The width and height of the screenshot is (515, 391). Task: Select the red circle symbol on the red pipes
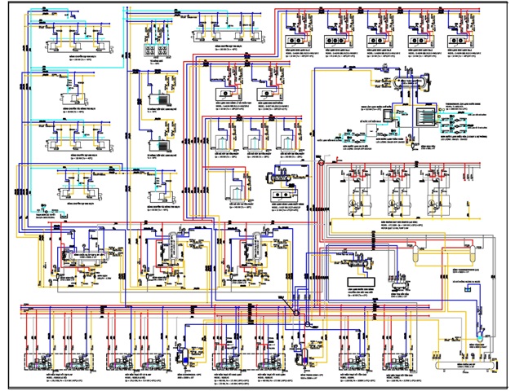click(322, 163)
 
